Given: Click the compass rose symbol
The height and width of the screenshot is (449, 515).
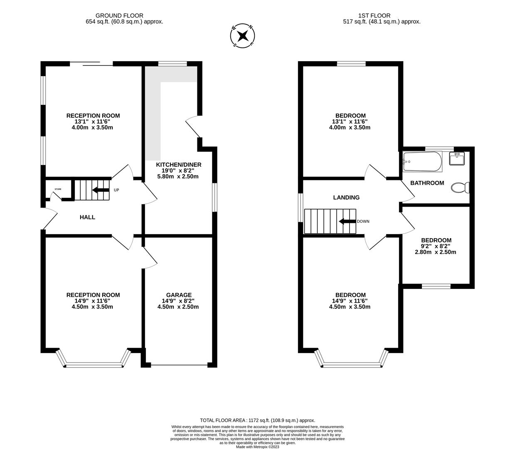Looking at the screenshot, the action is click(x=242, y=36).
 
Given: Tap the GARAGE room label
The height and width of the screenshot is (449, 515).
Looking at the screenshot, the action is click(x=178, y=295).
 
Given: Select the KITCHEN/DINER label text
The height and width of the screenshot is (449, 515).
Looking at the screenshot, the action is click(x=178, y=165).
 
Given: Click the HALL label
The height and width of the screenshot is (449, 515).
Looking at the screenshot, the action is click(x=87, y=217).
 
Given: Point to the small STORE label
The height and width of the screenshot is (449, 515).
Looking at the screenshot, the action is click(x=57, y=189).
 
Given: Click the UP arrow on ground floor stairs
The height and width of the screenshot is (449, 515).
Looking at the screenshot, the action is click(x=101, y=190).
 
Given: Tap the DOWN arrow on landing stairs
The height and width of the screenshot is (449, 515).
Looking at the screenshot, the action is click(x=347, y=221).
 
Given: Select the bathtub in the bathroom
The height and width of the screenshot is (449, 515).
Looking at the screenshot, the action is click(x=422, y=162).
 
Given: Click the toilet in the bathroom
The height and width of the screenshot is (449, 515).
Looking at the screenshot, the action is click(x=460, y=187).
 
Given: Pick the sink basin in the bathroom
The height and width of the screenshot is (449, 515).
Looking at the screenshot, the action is click(x=456, y=159).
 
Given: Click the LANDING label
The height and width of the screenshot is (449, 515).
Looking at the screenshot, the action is click(x=346, y=197).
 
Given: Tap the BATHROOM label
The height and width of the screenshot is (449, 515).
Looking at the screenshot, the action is click(x=427, y=183).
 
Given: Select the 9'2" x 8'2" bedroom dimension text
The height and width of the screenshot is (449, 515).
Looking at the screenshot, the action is click(x=436, y=246).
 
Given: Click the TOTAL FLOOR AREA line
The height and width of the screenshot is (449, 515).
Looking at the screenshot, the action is click(x=257, y=420).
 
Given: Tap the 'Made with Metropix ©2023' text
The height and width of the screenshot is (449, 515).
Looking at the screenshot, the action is click(x=257, y=447).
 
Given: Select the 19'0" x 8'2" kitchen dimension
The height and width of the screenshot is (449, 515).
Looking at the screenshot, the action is click(x=178, y=170).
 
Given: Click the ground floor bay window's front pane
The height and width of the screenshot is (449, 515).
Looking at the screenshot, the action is click(x=94, y=365).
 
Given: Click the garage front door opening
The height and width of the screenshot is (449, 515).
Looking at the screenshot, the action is click(x=179, y=365).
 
